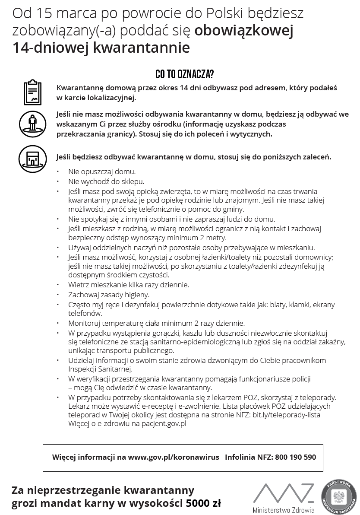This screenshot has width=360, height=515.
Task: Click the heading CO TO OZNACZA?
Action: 184,74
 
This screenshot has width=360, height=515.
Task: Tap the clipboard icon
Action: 32,92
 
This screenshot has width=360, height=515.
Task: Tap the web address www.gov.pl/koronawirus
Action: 174,457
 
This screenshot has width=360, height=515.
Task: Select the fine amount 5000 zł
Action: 203,503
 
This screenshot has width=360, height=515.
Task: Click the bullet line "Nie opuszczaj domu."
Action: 102,172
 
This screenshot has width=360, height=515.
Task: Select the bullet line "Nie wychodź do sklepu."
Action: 106,181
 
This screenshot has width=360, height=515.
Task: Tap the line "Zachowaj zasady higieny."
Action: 109,295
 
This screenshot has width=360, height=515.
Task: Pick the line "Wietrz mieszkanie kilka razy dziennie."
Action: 129,285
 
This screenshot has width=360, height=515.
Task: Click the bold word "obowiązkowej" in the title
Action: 244,31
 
